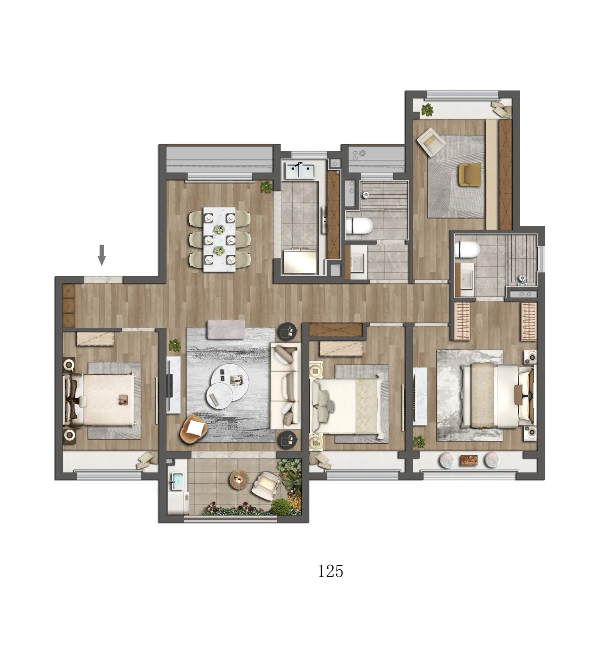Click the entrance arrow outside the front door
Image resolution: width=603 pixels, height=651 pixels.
[102, 255]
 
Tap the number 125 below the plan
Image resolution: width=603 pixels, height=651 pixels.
[330, 571]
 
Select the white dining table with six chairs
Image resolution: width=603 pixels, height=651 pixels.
[220, 239]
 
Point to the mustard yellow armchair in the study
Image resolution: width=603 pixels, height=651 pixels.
[470, 175]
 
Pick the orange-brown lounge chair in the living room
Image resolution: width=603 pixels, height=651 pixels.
[194, 429]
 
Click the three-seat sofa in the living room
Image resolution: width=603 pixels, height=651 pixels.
[285, 386]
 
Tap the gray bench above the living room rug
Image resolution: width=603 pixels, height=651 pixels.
[226, 329]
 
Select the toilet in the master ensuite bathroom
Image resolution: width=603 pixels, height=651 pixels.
[468, 249]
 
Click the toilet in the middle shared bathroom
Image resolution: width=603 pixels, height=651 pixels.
[359, 226]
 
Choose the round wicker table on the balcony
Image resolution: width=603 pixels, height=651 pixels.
[239, 480]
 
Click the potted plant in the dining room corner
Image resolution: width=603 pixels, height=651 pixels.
[267, 187]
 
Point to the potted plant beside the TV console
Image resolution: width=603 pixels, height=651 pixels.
[174, 345]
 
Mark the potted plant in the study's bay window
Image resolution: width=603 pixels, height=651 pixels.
[427, 109]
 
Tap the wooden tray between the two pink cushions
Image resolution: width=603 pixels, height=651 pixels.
[469, 460]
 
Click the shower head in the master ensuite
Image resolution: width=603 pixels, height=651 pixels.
[523, 279]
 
